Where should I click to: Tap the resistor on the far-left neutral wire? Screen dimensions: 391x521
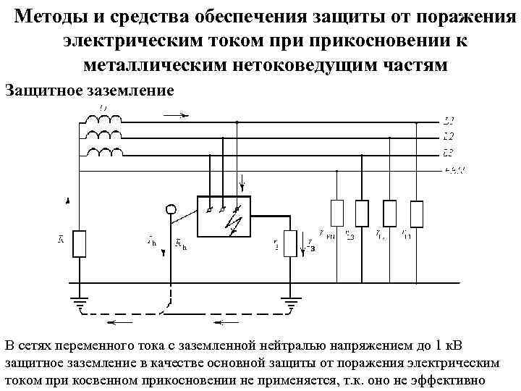pos(80,243)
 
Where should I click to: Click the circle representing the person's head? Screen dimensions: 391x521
pos(171,210)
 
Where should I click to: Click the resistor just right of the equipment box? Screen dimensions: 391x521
pos(290,243)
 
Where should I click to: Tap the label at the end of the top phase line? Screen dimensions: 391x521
pos(449,121)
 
